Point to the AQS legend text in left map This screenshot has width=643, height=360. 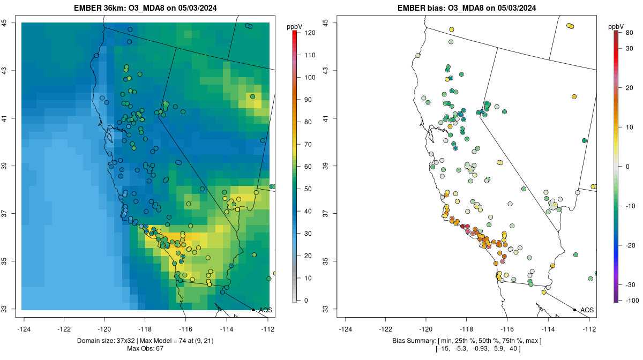265,310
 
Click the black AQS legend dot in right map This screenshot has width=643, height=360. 574,310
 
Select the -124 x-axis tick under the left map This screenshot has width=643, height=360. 24,329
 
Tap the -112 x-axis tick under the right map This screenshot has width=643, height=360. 589,329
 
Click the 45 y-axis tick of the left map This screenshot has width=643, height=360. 11,22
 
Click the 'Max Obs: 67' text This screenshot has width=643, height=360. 145,349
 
